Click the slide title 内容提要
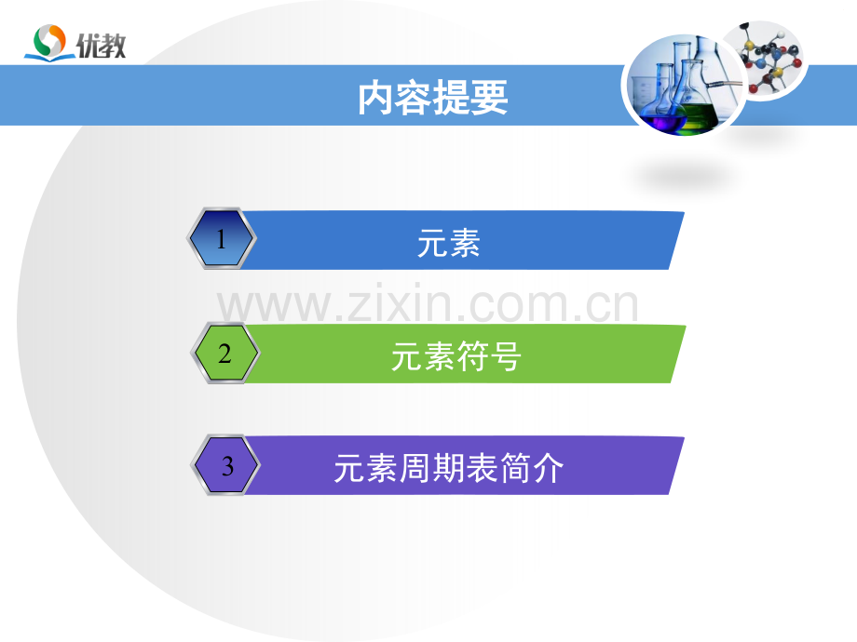pos(433,97)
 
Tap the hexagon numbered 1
pos(221,240)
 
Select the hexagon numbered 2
pos(224,354)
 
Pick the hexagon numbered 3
pos(227,466)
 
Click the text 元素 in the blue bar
pos(449,243)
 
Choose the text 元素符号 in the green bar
pos(456,356)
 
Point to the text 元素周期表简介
pos(449,469)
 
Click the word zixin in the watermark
pos(398,305)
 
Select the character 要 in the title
pos(490,97)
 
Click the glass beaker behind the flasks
pos(645,93)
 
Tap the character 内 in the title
pos(375,97)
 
